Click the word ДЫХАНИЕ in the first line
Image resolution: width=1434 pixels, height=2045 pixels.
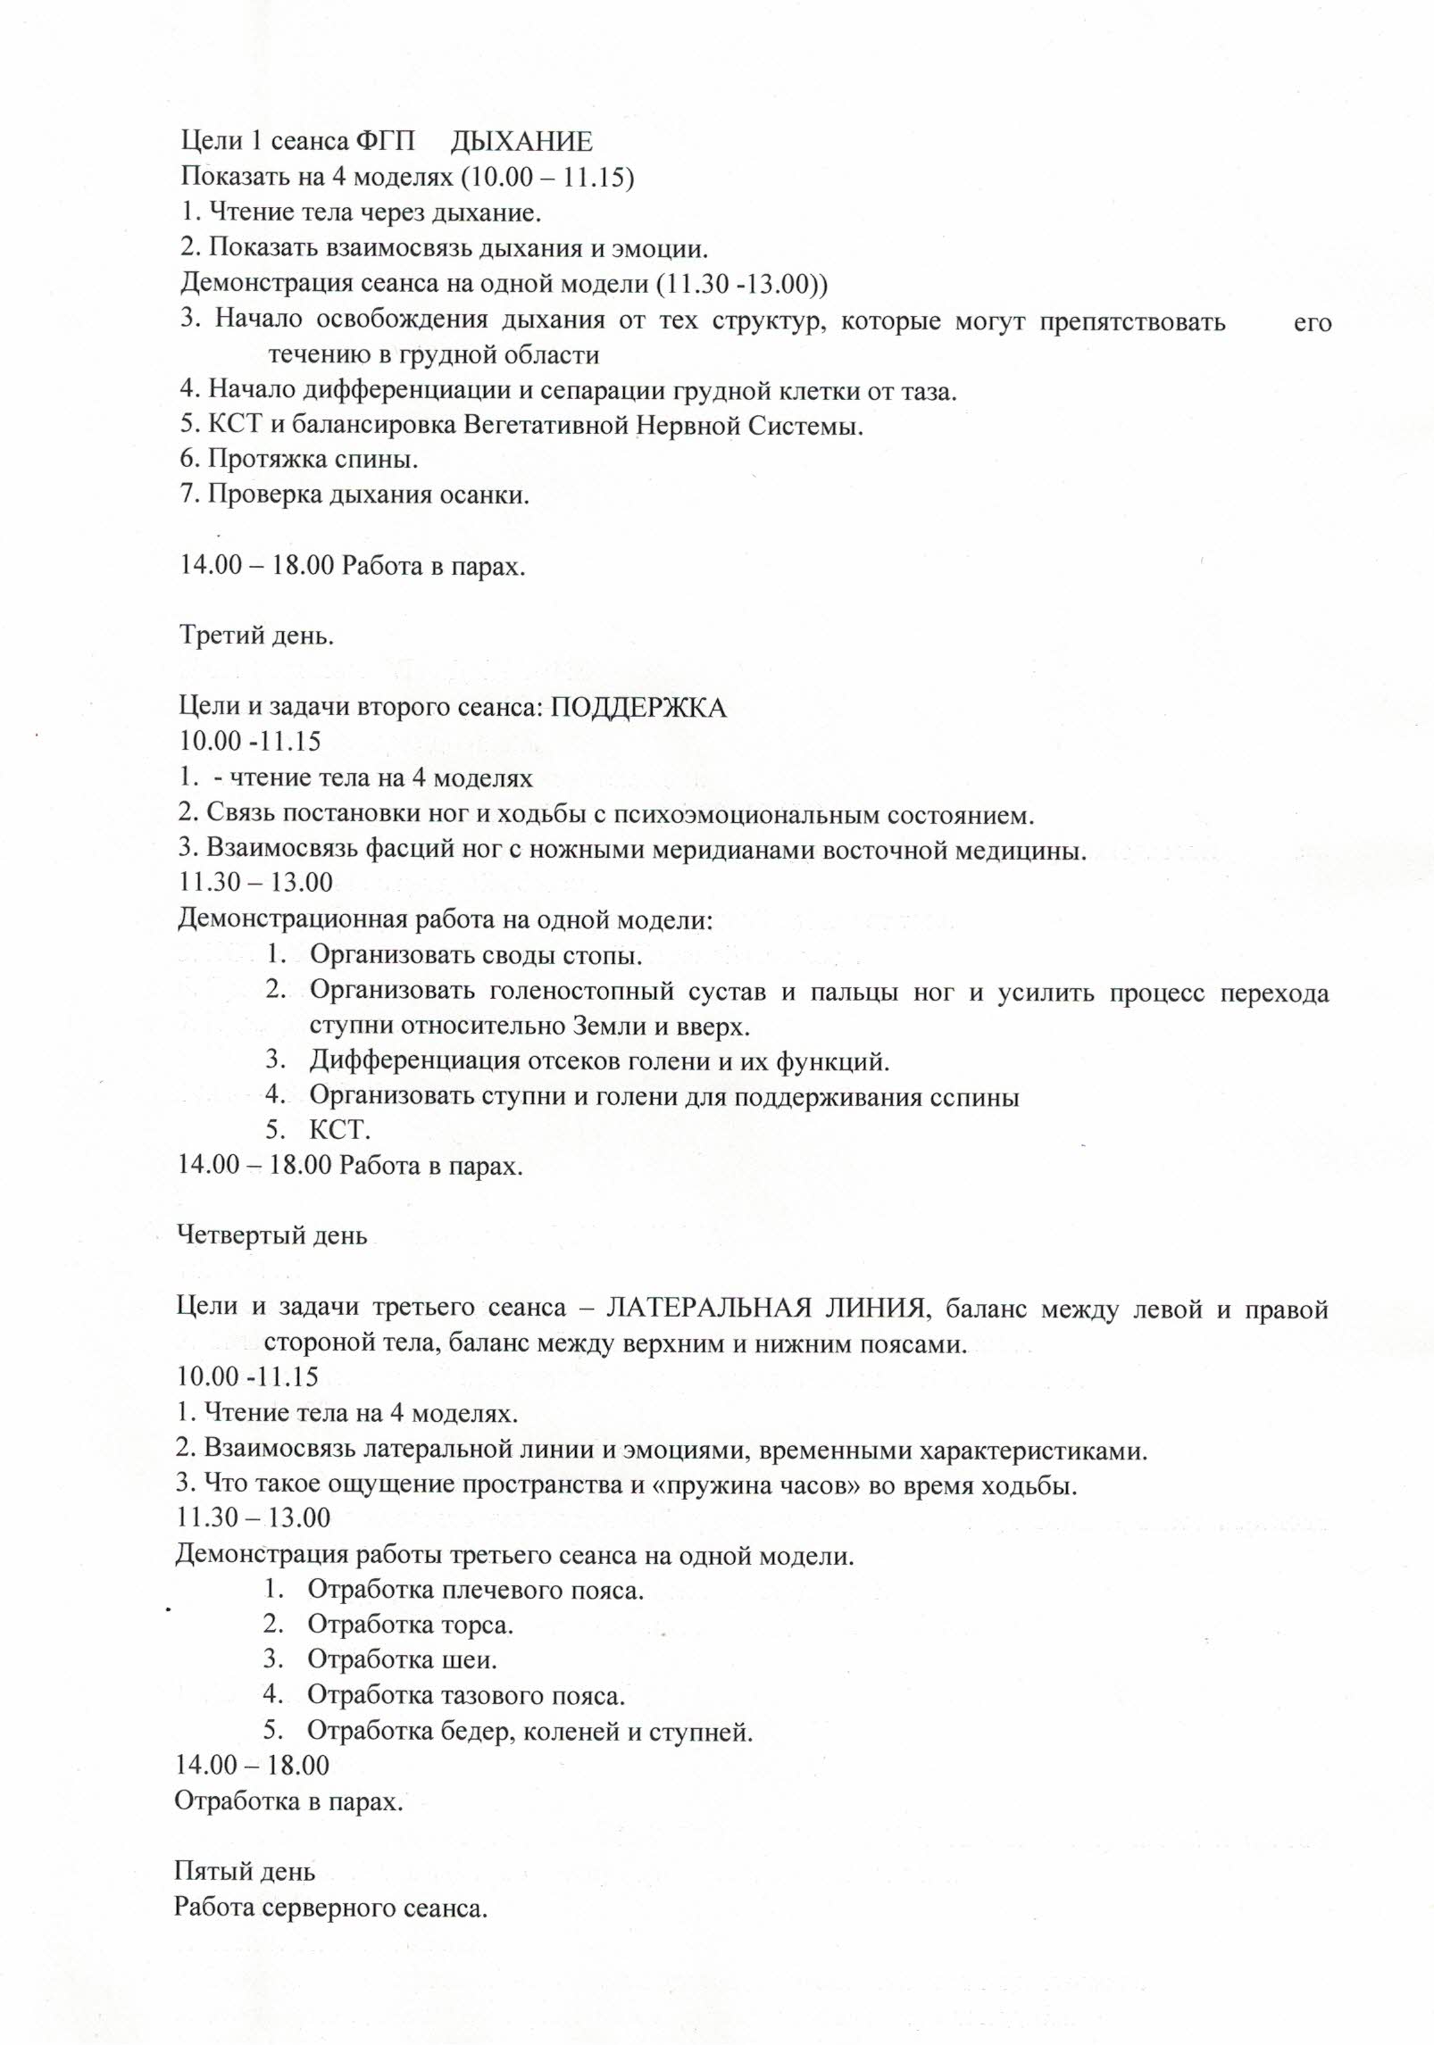pyautogui.click(x=521, y=142)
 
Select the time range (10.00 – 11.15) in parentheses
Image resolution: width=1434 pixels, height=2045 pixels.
pyautogui.click(x=547, y=178)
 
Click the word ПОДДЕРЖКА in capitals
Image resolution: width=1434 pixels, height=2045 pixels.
pyautogui.click(x=637, y=708)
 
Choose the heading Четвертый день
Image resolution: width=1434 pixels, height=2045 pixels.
pyautogui.click(x=272, y=1235)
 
